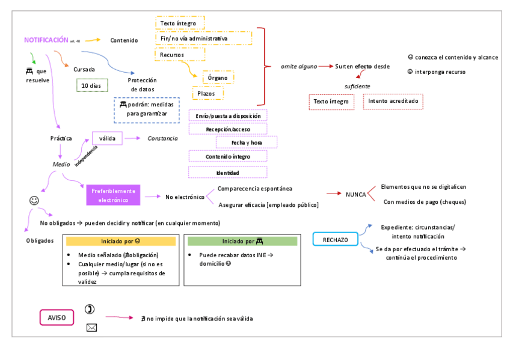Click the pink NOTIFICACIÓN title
coord(46,40)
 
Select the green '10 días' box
coord(91,85)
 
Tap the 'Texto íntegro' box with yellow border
coord(179,23)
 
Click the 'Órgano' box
coord(217,78)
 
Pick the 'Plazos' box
coord(207,94)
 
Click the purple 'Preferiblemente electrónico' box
coord(113,195)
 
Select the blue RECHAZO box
coord(335,239)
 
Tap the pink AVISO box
coord(57,317)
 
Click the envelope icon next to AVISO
coord(91,328)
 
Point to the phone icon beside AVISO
coord(90,310)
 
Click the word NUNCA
coord(355,194)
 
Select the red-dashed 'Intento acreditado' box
coord(393,102)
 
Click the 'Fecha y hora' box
coord(247,142)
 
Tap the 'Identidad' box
coord(227,172)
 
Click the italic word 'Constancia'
coord(162,138)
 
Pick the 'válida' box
coord(107,138)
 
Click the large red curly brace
coord(261,66)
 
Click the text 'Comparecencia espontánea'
coord(255,189)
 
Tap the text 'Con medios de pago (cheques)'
coord(424,201)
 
